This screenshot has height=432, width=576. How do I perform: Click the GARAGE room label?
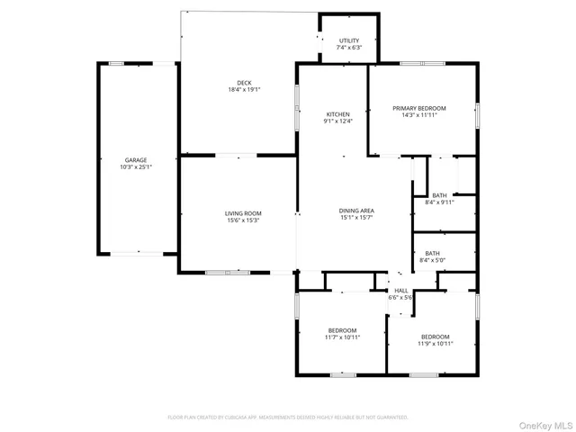[135, 159]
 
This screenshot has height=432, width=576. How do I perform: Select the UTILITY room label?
[349, 40]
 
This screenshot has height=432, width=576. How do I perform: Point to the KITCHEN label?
[337, 114]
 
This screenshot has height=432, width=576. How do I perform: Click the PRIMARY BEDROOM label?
[419, 108]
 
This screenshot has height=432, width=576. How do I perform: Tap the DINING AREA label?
[357, 211]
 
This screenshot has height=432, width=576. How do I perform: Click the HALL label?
[401, 290]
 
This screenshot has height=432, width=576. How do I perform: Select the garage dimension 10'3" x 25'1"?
[135, 166]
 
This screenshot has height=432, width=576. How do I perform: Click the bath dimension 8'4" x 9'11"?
[439, 202]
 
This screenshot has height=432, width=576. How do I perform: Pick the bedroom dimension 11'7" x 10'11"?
[342, 337]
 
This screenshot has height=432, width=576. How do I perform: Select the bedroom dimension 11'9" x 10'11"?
[435, 343]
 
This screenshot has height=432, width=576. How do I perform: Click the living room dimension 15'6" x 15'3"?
[242, 220]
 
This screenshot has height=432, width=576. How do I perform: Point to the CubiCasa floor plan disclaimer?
[288, 418]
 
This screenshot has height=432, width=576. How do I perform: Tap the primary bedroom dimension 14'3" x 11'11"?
[419, 115]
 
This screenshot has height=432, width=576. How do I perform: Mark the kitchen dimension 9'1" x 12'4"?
[337, 121]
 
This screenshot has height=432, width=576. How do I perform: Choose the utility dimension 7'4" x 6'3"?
[349, 48]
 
